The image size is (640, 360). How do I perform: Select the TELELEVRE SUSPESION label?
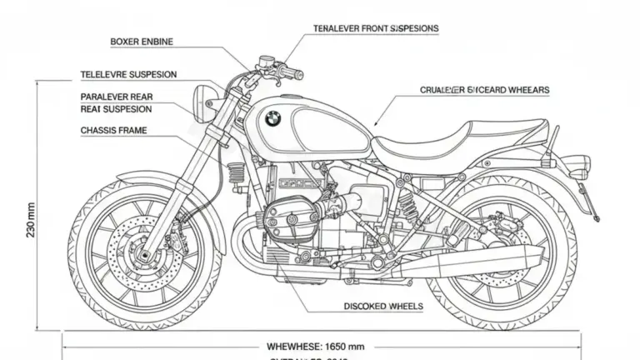128,74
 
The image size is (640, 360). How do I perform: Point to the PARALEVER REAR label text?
117,97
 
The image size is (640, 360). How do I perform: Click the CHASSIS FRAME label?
114,131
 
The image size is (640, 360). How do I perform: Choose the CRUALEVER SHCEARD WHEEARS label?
484,89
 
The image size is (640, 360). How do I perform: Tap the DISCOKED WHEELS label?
383,307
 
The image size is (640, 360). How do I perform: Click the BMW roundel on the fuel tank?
273,119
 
